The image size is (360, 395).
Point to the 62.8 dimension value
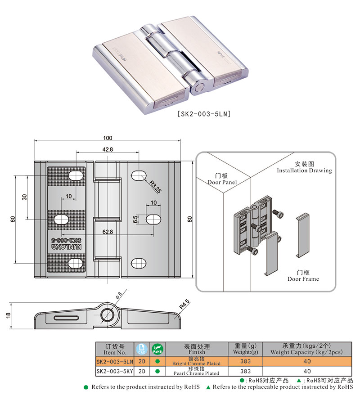click(x=107, y=232)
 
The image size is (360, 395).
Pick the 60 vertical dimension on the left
click(x=13, y=219)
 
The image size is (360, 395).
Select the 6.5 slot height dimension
click(x=135, y=219)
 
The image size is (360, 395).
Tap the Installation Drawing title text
click(x=304, y=167)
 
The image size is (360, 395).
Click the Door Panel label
click(x=222, y=179)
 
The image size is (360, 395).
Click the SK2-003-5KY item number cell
click(x=115, y=372)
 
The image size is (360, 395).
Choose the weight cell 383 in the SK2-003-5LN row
click(x=246, y=362)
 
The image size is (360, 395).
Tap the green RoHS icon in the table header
click(x=157, y=349)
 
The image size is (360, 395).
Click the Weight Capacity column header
click(x=307, y=349)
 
